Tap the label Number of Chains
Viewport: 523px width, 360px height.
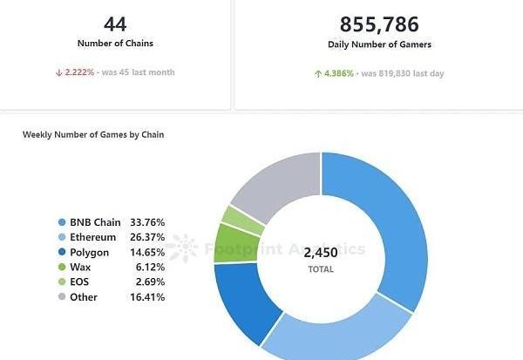coord(115,44)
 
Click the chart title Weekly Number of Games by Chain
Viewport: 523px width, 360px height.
coord(93,134)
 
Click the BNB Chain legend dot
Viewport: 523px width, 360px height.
coord(62,223)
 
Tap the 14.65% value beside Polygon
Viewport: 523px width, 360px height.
coord(149,253)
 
